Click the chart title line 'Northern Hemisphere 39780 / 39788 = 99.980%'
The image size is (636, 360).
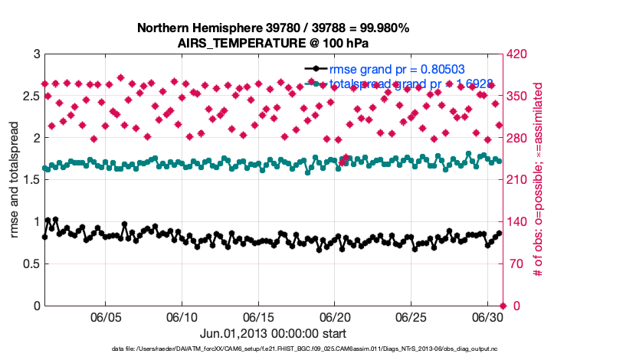point(273,28)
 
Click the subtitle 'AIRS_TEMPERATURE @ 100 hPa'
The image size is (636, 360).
point(273,42)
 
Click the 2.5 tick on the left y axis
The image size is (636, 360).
point(31,97)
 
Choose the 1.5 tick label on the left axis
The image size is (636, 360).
point(31,180)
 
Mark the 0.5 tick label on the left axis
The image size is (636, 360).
point(31,264)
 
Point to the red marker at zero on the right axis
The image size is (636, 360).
point(502,306)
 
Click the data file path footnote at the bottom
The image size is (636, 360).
point(318,349)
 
